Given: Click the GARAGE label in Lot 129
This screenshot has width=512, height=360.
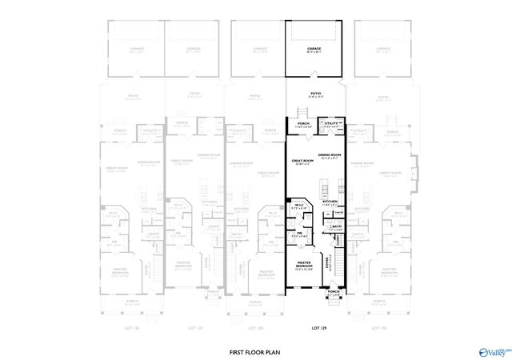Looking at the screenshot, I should tap(314, 49).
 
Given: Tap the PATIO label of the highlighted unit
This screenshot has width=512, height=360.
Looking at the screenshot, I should tap(314, 94).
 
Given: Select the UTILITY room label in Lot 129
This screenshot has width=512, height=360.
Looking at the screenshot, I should tap(330, 124).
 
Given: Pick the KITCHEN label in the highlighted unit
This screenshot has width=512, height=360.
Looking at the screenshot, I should tap(330, 202).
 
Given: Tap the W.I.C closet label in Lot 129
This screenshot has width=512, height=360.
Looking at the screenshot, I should tap(298, 205).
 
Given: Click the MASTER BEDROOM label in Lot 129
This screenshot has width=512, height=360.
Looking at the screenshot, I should tap(304, 263).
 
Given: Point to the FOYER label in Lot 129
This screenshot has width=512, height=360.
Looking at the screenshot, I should tap(327, 261).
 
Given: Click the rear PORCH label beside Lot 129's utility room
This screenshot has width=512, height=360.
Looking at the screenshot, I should tap(303, 124).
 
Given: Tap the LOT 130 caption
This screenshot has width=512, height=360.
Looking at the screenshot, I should tap(379, 328).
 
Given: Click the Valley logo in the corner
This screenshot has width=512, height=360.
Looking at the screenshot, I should tap(493, 350).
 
